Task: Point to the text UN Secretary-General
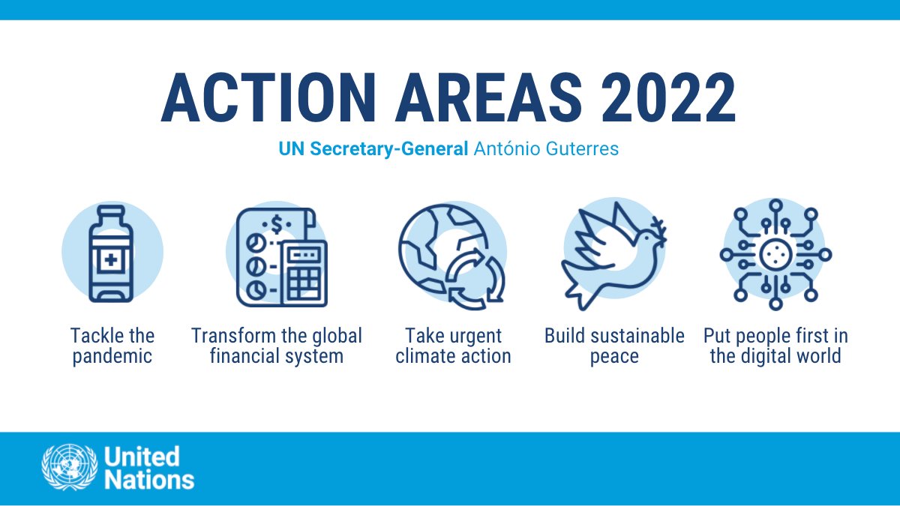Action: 373,148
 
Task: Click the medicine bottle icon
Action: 111,253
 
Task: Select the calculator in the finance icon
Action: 304,274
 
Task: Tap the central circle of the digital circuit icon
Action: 775,255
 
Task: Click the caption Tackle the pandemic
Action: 112,345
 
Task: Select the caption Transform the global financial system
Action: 276,345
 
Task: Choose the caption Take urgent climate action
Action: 453,345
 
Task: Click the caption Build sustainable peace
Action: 614,345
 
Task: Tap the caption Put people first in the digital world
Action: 775,345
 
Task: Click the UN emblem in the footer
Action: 69,469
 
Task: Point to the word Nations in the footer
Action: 149,480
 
